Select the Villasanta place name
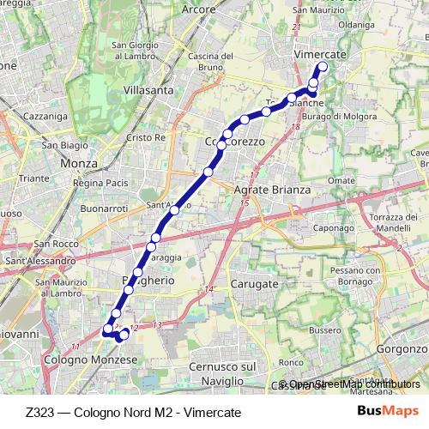(x=148, y=89)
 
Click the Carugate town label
(x=255, y=283)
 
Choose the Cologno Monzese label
(x=90, y=361)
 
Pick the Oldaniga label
(x=357, y=25)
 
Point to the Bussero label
(x=324, y=329)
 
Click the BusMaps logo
(x=388, y=411)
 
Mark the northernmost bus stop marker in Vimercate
(x=323, y=66)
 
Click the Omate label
(x=341, y=181)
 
